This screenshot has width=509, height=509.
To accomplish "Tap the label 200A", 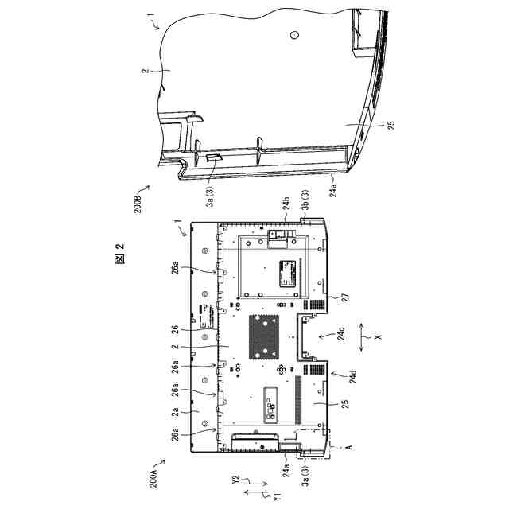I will click(x=153, y=475).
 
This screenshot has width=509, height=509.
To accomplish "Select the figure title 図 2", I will click(x=121, y=257).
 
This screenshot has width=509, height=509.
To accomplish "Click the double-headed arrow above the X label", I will click(x=365, y=337).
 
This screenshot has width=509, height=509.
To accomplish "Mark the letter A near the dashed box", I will click(x=347, y=449).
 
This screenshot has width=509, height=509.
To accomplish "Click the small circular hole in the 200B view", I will click(x=294, y=36).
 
